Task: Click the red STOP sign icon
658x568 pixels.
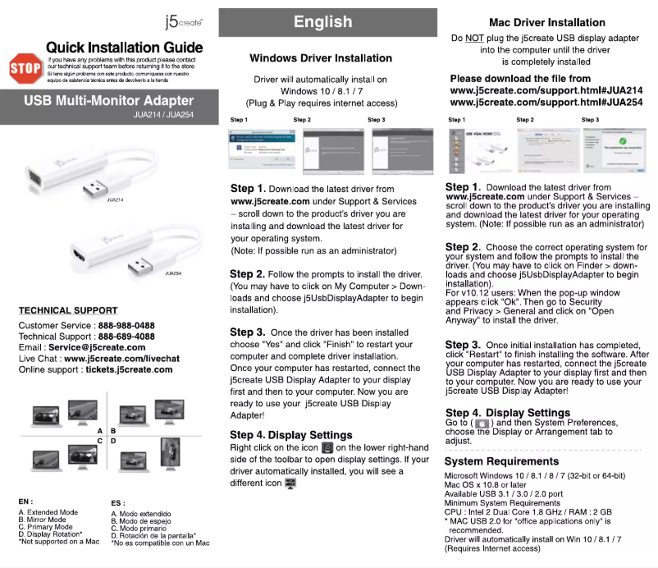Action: point(24,68)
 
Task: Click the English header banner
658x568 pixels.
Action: point(322,22)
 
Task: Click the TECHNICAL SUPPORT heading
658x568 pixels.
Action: point(68,311)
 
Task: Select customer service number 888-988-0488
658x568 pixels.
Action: point(126,326)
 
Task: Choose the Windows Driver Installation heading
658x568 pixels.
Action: point(321,58)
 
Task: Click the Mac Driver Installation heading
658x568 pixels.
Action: point(546,23)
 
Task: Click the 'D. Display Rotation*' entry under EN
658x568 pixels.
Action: point(51,534)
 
